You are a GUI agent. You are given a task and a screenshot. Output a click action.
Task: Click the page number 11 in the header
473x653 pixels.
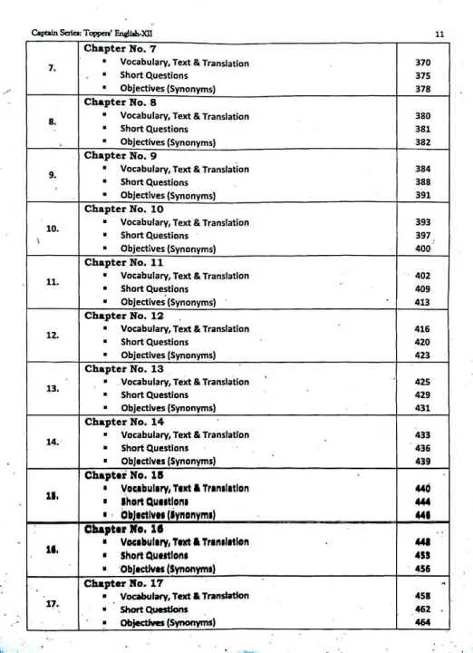pyautogui.click(x=439, y=34)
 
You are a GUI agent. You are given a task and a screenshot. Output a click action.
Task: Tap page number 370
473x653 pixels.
pyautogui.click(x=422, y=63)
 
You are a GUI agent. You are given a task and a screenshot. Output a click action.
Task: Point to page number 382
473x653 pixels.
pyautogui.click(x=422, y=143)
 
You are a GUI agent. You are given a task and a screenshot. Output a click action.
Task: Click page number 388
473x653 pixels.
pyautogui.click(x=422, y=182)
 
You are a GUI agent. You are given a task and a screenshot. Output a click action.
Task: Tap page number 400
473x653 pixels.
pyautogui.click(x=422, y=249)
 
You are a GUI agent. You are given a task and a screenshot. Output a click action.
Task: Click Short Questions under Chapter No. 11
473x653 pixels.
pyautogui.click(x=154, y=289)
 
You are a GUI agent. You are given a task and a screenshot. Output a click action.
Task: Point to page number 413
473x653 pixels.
pyautogui.click(x=422, y=302)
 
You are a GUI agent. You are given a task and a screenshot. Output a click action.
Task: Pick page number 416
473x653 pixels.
pyautogui.click(x=422, y=329)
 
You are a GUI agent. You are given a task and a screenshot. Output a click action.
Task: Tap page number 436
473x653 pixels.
pyautogui.click(x=422, y=448)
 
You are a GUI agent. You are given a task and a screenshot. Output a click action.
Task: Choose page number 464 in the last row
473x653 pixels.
pyautogui.click(x=422, y=622)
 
